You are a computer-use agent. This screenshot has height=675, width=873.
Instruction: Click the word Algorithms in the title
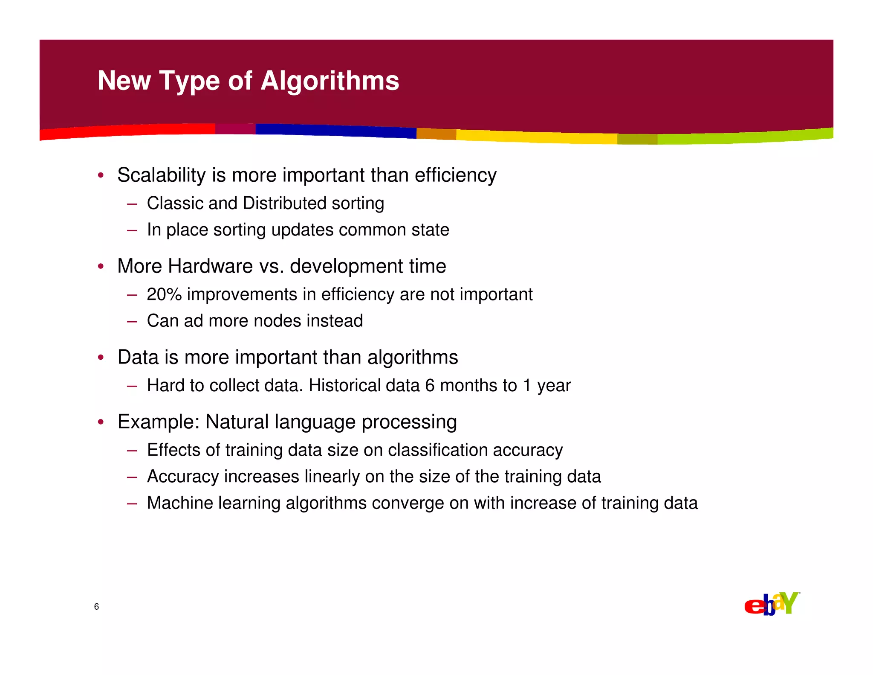click(x=330, y=81)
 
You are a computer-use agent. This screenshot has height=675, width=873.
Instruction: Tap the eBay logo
click(x=772, y=604)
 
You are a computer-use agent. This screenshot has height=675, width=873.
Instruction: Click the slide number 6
click(x=96, y=607)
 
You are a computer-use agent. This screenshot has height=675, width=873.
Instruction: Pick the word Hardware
click(x=211, y=266)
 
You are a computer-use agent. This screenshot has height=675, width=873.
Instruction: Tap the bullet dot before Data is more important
click(x=101, y=357)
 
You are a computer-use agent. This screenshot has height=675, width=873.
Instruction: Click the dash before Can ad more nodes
click(x=132, y=321)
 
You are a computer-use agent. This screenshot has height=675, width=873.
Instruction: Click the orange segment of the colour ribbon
click(x=436, y=134)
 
